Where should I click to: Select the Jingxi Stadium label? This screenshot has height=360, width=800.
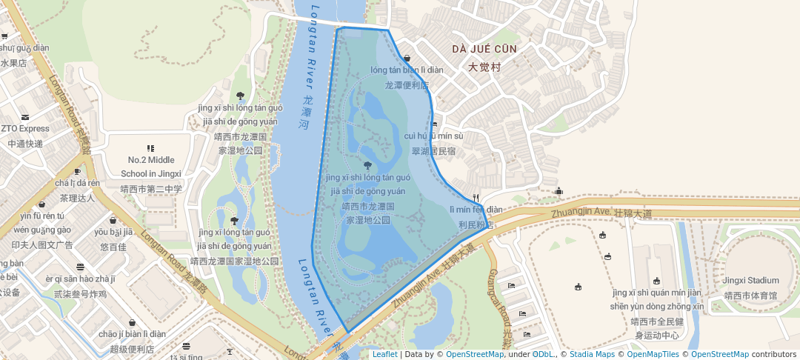(x=751, y=280)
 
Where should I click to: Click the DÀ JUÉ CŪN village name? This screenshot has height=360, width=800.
(x=485, y=49)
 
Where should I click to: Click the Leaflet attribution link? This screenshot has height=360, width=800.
(x=384, y=354)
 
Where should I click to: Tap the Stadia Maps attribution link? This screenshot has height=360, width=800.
(x=592, y=354)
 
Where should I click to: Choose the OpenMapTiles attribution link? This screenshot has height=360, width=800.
(x=653, y=354)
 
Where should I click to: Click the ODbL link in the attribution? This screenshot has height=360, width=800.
(x=543, y=354)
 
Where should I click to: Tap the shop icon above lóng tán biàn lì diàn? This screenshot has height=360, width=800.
(x=407, y=58)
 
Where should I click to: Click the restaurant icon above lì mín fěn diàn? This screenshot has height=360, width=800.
(x=475, y=197)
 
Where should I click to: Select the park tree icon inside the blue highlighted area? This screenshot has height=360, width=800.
(x=367, y=165)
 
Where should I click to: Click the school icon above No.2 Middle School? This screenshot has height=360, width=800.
(x=151, y=148)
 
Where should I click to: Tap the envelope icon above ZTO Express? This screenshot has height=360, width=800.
(x=25, y=116)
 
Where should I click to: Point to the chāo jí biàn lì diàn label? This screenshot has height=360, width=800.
(x=132, y=334)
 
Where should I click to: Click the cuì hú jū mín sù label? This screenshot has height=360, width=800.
(x=433, y=136)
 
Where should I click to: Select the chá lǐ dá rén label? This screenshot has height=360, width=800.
(x=78, y=183)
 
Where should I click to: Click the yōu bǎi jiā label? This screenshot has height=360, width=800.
(x=113, y=232)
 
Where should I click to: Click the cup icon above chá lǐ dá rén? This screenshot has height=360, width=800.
(x=78, y=171)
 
